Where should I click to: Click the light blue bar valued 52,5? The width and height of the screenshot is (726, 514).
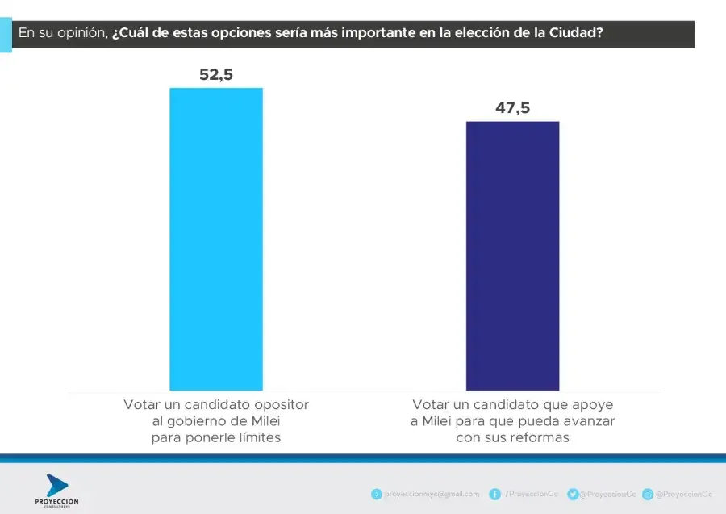point(215,239)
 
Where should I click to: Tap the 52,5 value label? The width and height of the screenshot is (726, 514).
point(216,75)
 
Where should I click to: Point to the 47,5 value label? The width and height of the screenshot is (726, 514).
point(512,108)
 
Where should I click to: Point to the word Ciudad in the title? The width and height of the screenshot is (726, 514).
point(575,33)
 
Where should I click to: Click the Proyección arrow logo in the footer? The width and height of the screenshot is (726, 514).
point(57,486)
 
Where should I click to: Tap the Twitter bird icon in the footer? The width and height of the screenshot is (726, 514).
point(572,494)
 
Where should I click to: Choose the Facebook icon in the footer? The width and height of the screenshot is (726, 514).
point(495,494)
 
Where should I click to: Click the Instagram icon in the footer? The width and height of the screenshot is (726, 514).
point(648,494)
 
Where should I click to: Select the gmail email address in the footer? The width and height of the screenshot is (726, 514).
point(432,494)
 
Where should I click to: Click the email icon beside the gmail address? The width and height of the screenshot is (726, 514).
point(376,494)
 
